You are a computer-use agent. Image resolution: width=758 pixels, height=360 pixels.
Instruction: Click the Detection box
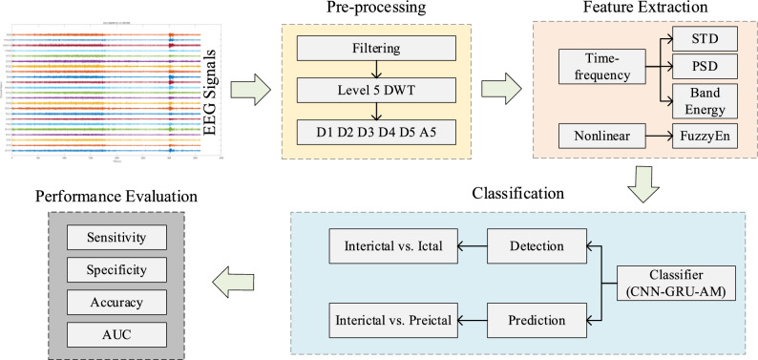coord(536,246)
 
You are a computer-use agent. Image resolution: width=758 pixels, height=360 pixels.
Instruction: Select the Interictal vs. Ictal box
coord(392,246)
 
